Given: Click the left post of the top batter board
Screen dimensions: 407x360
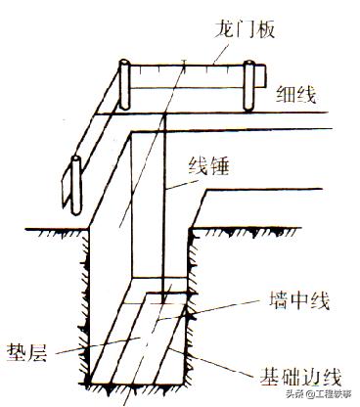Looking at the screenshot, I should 124,86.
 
